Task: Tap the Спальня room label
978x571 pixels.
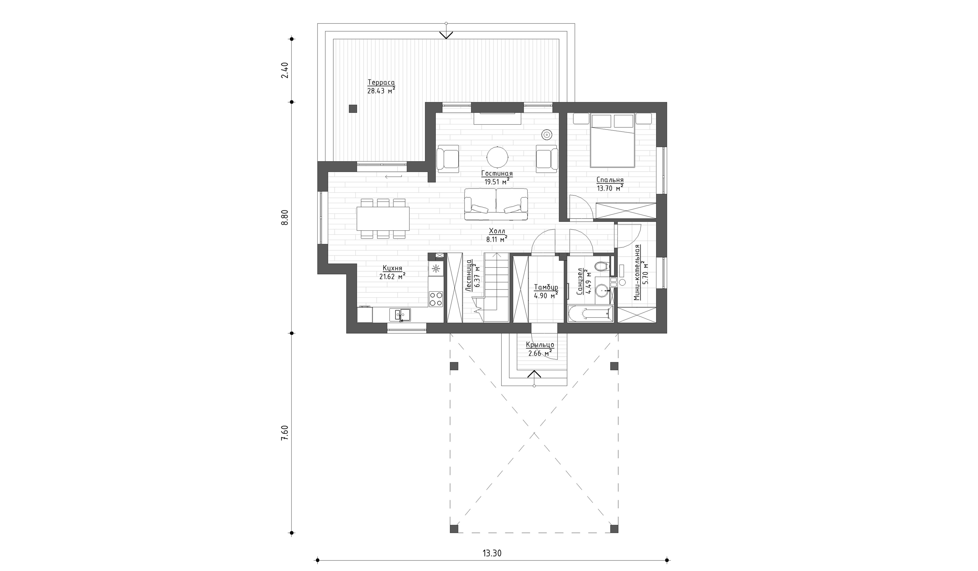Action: [610, 180]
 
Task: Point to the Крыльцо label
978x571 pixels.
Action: [540, 345]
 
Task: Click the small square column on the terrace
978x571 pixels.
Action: [353, 109]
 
